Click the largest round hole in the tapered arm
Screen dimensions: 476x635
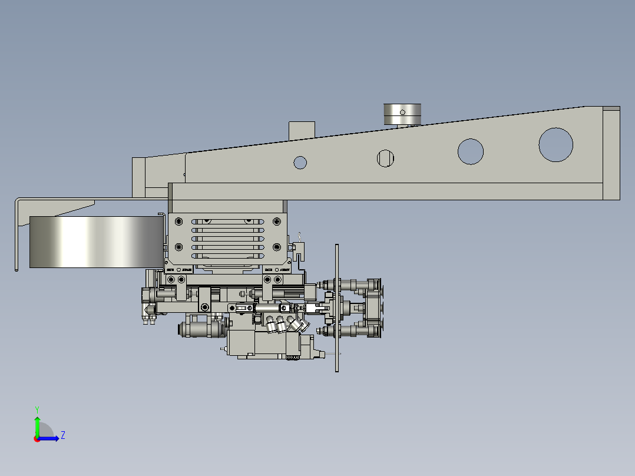pyautogui.click(x=555, y=144)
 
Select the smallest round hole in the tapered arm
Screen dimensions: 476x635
pyautogui.click(x=300, y=162)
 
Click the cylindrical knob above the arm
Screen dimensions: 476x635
pyautogui.click(x=402, y=114)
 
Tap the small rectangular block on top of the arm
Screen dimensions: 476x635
pyautogui.click(x=302, y=130)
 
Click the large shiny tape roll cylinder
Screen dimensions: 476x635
pyautogui.click(x=94, y=242)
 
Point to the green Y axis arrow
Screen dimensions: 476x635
pyautogui.click(x=37, y=423)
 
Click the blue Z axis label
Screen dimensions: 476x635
pyautogui.click(x=62, y=435)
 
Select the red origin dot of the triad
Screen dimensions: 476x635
pyautogui.click(x=37, y=438)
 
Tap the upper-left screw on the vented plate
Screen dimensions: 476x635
pyautogui.click(x=179, y=222)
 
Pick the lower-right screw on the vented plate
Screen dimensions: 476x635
pyautogui.click(x=276, y=247)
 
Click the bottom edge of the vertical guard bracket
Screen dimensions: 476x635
pyautogui.click(x=16, y=270)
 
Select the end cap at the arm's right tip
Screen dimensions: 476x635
pyautogui.click(x=611, y=153)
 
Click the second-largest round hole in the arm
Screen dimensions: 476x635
pyautogui.click(x=471, y=151)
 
